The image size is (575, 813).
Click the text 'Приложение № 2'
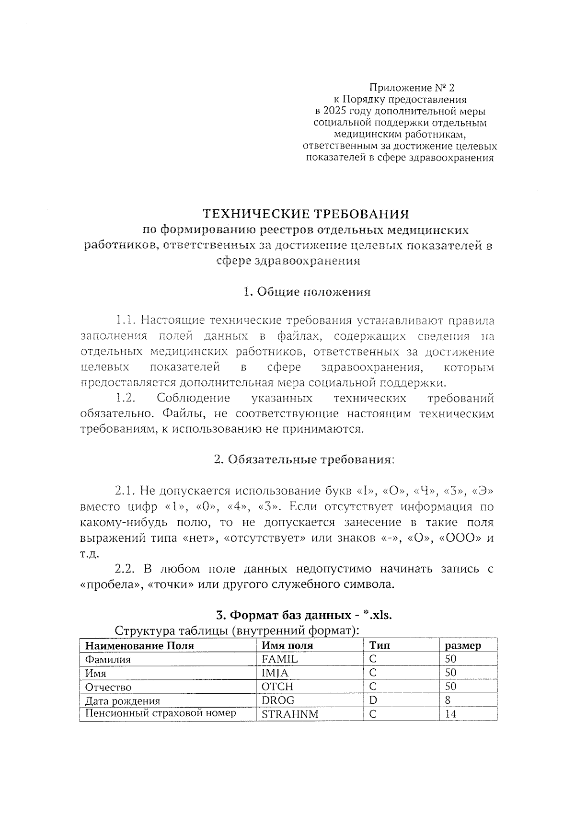[x=411, y=88]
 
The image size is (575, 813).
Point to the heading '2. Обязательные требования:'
[x=304, y=460]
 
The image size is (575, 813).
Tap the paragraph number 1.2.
[x=126, y=399]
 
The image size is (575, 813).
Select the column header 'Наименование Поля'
[x=139, y=646]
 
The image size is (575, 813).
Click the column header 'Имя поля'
[x=287, y=646]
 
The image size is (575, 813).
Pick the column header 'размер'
[x=463, y=646]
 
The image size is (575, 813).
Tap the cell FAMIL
[x=280, y=659]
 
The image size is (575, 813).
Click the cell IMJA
[x=275, y=673]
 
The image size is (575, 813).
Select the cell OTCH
[x=277, y=687]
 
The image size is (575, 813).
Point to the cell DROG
[x=278, y=700]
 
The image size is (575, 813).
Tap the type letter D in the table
[x=373, y=700]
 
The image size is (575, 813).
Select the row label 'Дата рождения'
[x=123, y=701]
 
